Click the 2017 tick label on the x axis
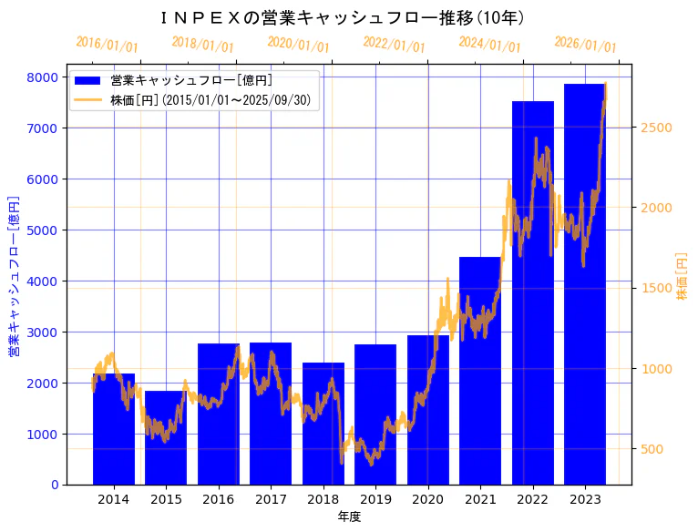coord(271,499)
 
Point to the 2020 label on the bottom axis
coord(427,499)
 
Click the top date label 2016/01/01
coord(108,45)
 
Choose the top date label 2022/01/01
coord(394,45)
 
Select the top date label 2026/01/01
coord(585,45)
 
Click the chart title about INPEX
coord(342,17)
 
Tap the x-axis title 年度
coord(349,517)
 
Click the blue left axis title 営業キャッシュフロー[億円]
coord(14,276)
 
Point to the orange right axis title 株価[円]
coord(683,276)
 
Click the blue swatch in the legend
coord(88,81)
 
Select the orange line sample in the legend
coord(88,99)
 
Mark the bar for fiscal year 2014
coord(114,428)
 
